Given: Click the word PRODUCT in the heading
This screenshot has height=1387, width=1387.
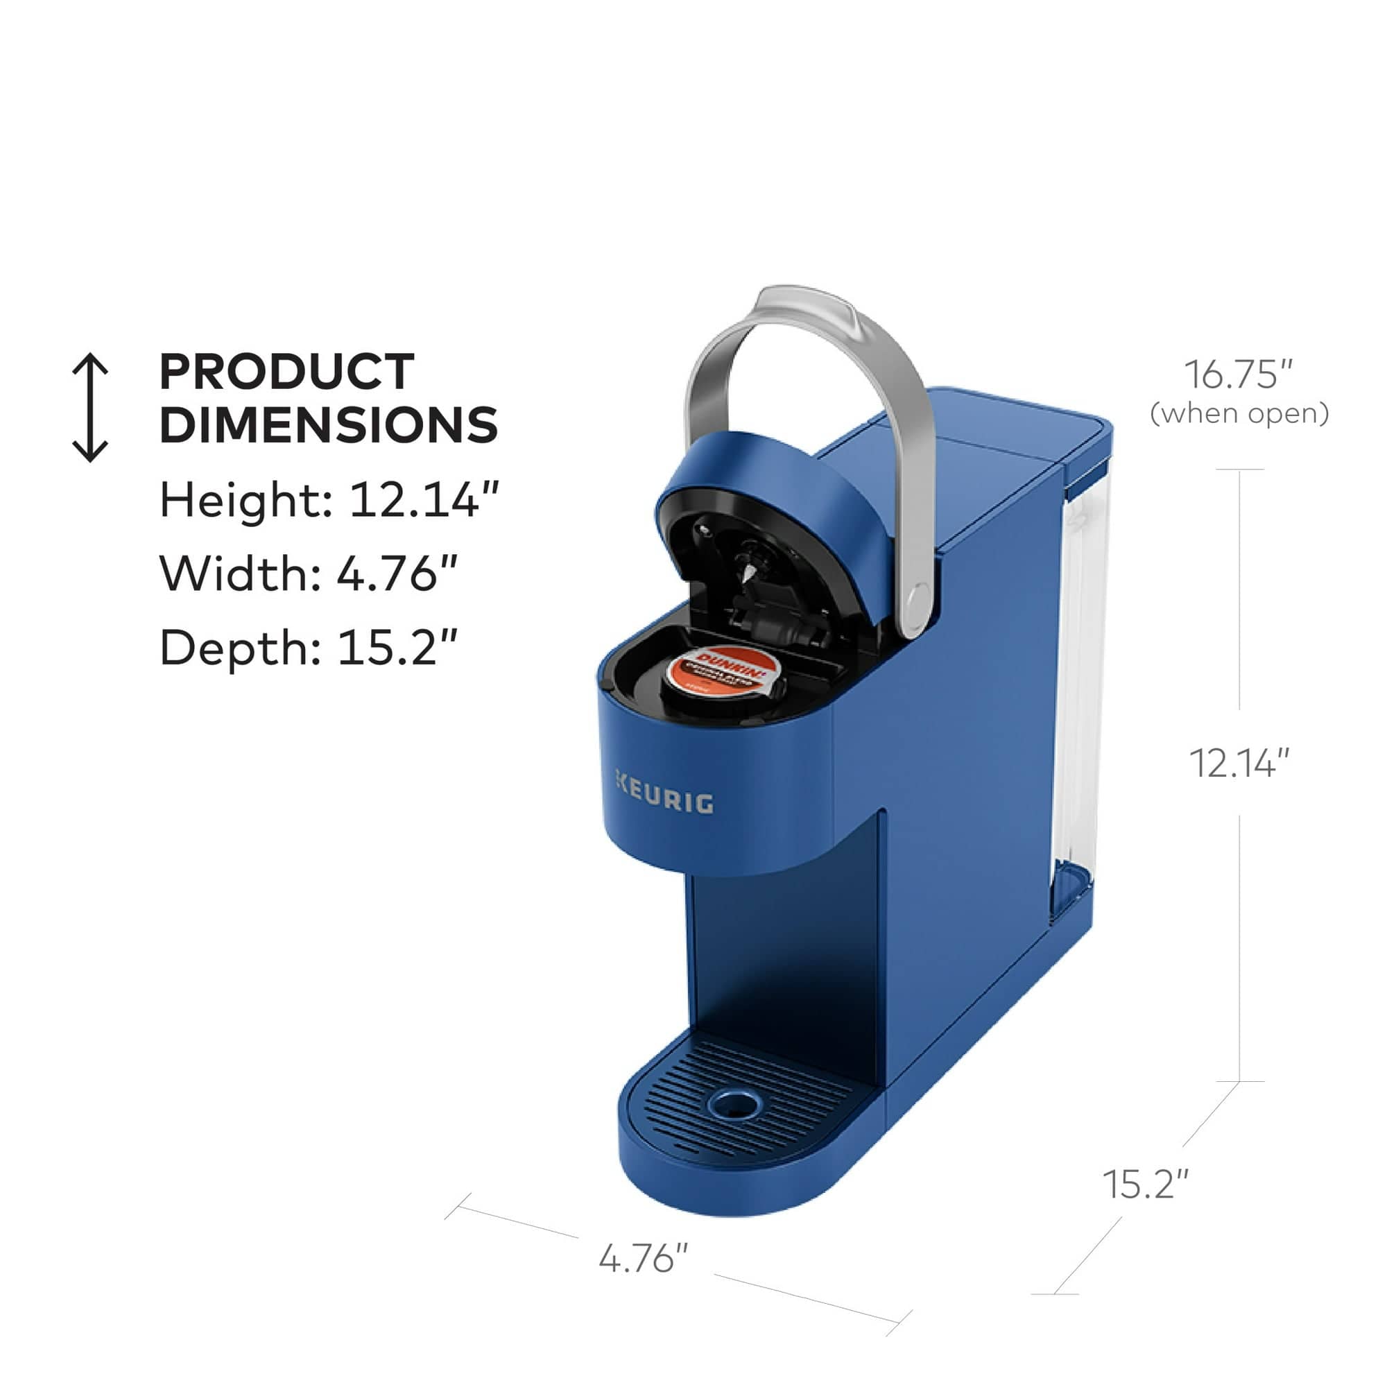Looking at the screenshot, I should pyautogui.click(x=286, y=372).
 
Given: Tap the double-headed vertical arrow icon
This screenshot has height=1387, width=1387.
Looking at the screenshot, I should pyautogui.click(x=90, y=407).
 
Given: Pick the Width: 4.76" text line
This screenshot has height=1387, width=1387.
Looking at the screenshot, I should pyautogui.click(x=307, y=574).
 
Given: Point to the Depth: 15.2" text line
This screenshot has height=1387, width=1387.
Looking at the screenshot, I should pyautogui.click(x=307, y=648).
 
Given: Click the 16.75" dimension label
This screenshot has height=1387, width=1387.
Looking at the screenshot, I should pyautogui.click(x=1238, y=374).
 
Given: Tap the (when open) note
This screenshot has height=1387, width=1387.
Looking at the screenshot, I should pyautogui.click(x=1239, y=413).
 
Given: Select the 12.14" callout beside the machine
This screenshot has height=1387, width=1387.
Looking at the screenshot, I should pyautogui.click(x=1239, y=763).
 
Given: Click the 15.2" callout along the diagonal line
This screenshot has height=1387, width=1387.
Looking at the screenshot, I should pyautogui.click(x=1144, y=1184).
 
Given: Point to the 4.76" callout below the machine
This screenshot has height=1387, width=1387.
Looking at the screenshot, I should pyautogui.click(x=643, y=1259).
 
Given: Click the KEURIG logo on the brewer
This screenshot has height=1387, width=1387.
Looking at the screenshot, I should pyautogui.click(x=665, y=792).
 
